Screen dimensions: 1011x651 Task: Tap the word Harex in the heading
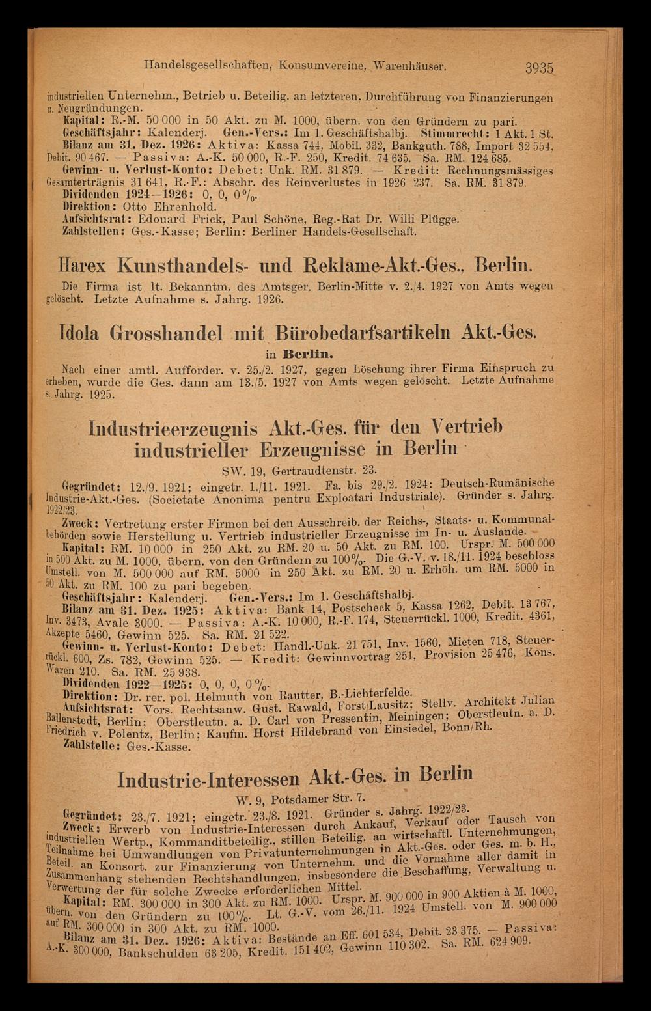coord(85,266)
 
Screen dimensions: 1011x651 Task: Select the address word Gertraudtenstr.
coord(316,469)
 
